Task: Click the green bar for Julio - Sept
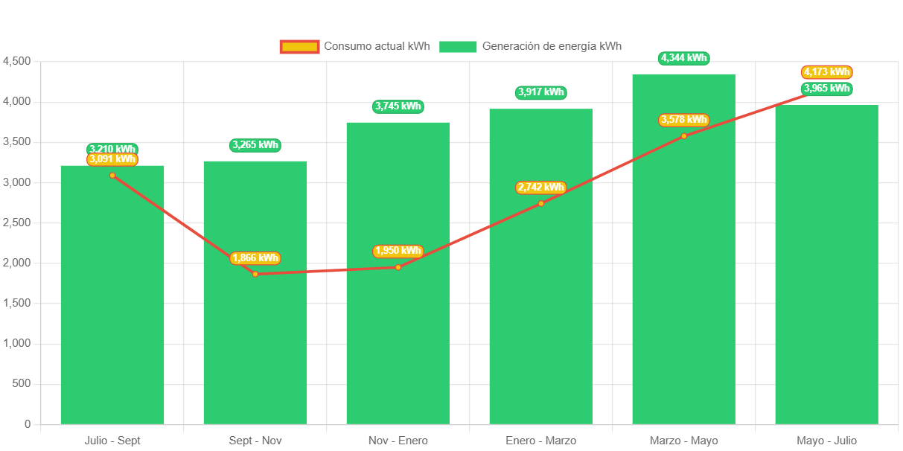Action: [x=112, y=298]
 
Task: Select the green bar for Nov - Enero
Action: [x=398, y=335]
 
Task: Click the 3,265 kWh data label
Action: [x=255, y=145]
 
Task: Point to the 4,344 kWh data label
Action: [x=683, y=58]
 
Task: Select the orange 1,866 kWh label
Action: [x=255, y=258]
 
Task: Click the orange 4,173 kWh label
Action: [x=826, y=72]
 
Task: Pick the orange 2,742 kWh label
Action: [x=540, y=188]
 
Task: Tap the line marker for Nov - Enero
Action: [x=398, y=267]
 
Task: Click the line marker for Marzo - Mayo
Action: [x=683, y=136]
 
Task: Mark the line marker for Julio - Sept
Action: [x=112, y=176]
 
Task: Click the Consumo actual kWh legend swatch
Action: [x=299, y=47]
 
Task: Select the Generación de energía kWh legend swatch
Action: [x=458, y=47]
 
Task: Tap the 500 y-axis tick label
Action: [x=22, y=383]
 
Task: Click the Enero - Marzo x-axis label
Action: [x=540, y=441]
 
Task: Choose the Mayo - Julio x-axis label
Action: [x=826, y=441]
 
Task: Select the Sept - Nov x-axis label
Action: [x=255, y=441]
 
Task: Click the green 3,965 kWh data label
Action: [x=826, y=89]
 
